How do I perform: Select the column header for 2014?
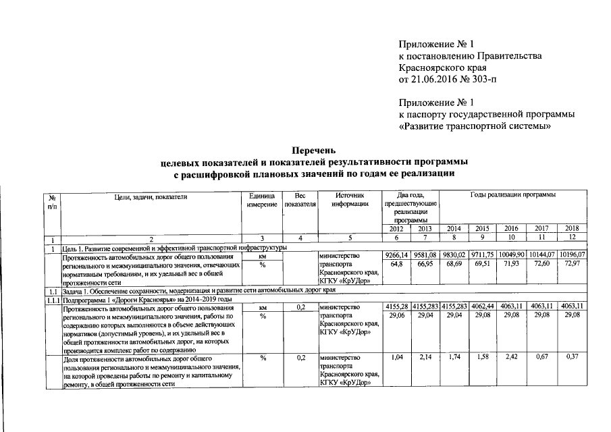[455, 229]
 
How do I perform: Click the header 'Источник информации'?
[349, 200]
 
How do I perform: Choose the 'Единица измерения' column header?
[262, 200]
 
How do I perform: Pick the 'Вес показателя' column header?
[300, 200]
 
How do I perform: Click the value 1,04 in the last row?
[398, 356]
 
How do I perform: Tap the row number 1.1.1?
[52, 299]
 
